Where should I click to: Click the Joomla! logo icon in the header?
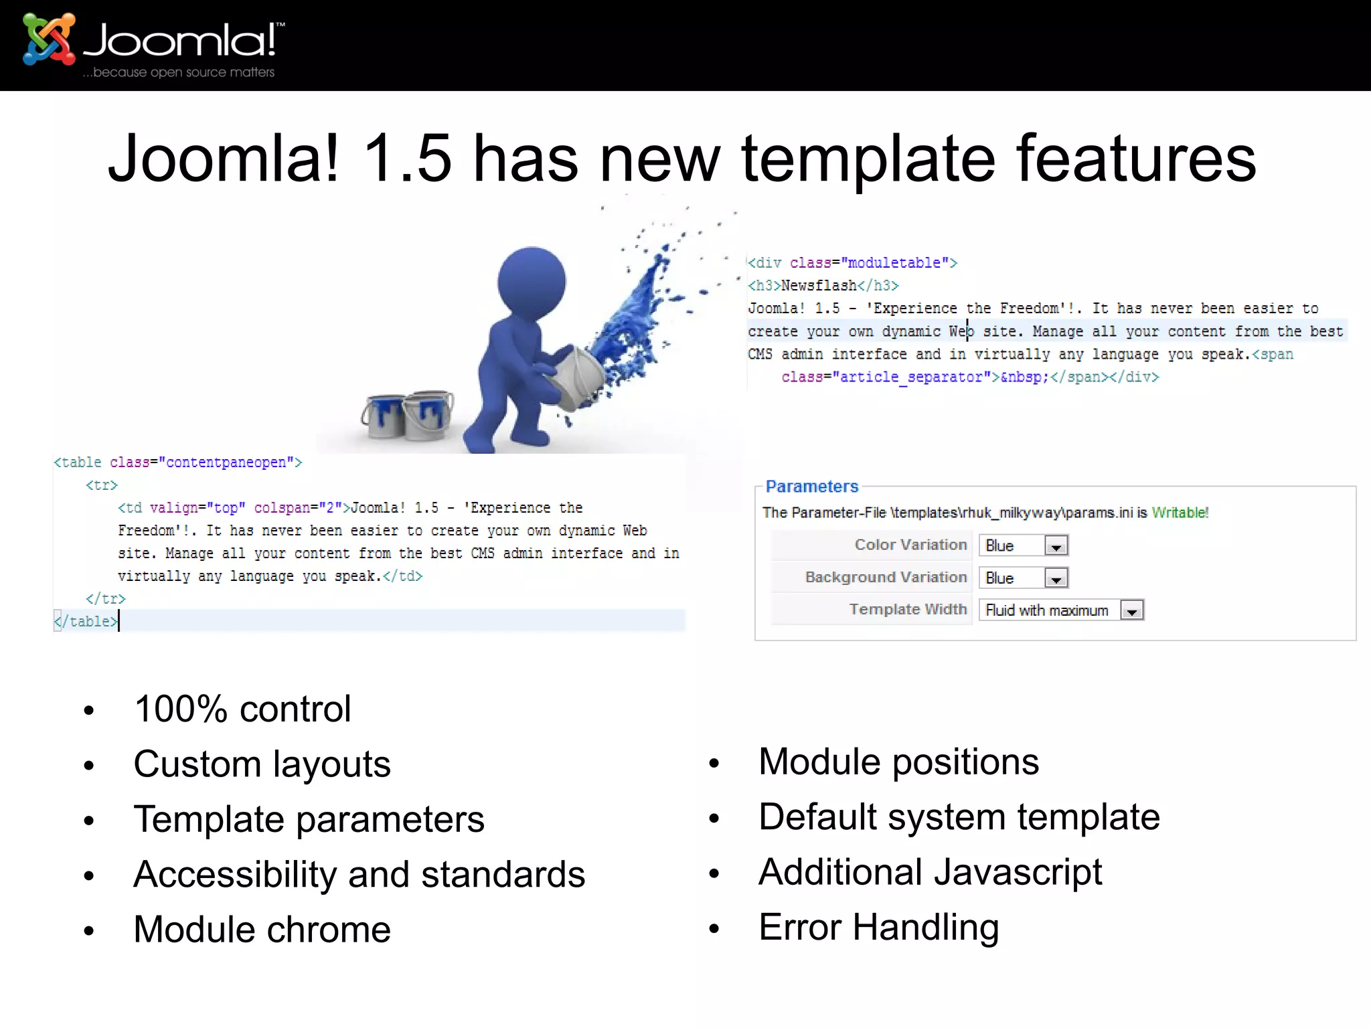48,39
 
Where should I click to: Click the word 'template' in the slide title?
868,159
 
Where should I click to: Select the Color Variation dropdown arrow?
1056,546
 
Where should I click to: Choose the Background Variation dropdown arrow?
1056,578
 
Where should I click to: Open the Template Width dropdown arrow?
1131,610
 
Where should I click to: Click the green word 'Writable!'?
1180,513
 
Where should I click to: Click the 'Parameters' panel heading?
811,487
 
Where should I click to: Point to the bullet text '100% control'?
242,709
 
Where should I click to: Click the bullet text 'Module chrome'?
262,930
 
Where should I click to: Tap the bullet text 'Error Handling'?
878,928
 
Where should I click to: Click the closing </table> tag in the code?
87,622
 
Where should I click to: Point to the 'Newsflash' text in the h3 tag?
819,286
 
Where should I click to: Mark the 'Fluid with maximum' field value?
1046,610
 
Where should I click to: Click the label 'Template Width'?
907,609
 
